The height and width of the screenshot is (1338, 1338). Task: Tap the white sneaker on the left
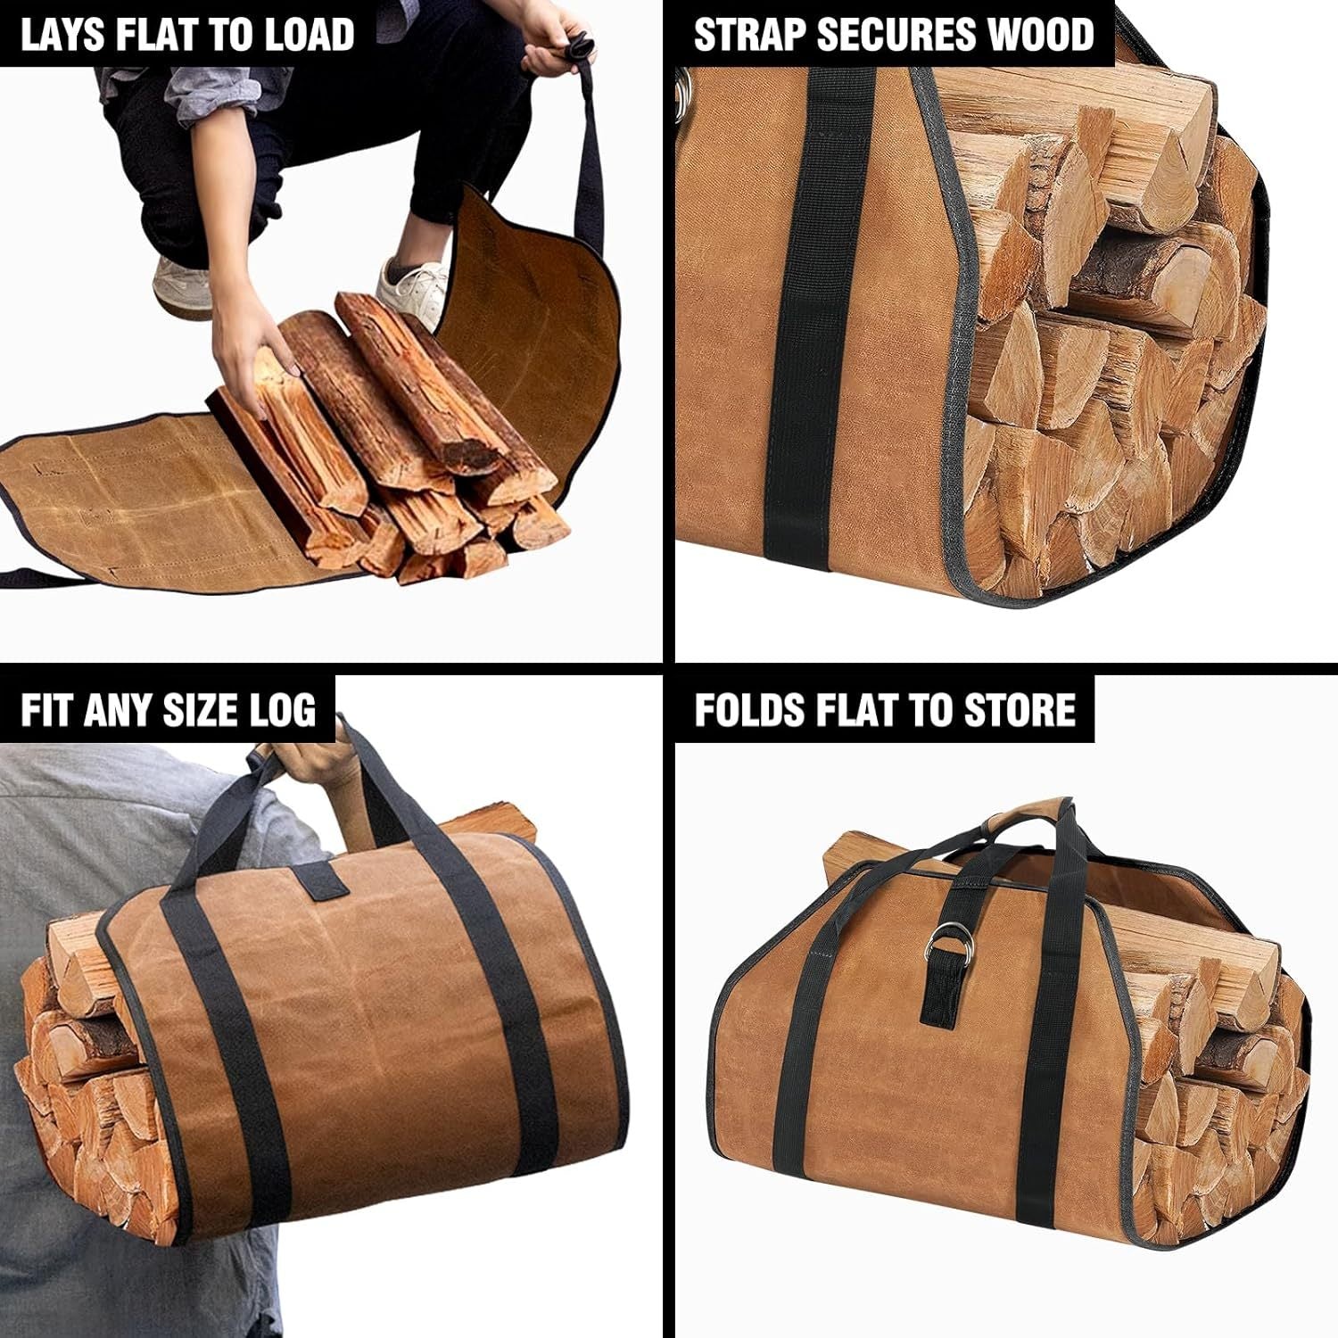click(181, 281)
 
